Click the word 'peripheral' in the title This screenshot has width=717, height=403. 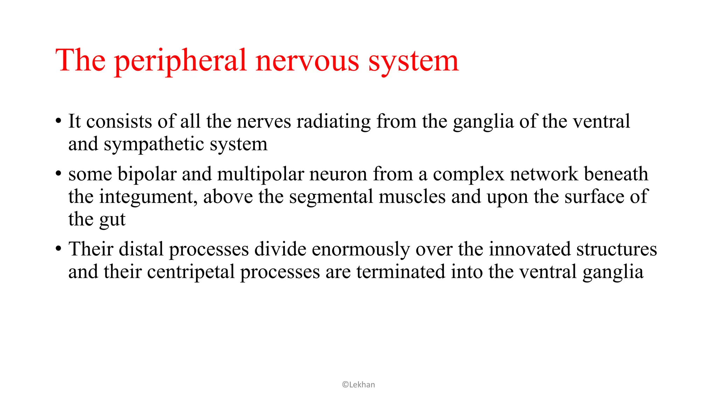click(x=181, y=61)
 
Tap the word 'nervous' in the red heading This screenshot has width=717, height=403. click(x=307, y=61)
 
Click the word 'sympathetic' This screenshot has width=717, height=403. click(x=154, y=144)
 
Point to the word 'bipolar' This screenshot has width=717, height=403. click(x=147, y=174)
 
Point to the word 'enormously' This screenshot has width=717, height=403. click(x=361, y=249)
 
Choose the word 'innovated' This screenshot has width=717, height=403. click(x=529, y=249)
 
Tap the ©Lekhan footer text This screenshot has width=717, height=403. click(x=358, y=385)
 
